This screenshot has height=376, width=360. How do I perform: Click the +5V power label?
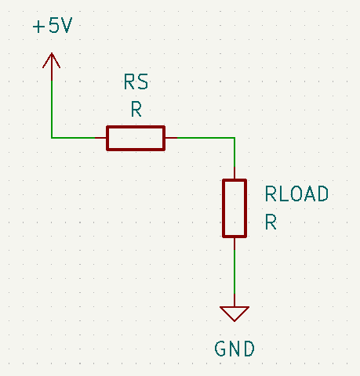click(x=53, y=25)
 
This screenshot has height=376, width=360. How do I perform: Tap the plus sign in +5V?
click(x=38, y=27)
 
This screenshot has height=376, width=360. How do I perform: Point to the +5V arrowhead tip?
click(x=52, y=53)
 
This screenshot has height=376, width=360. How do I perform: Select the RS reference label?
click(x=136, y=81)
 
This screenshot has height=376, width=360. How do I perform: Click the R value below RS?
click(x=136, y=109)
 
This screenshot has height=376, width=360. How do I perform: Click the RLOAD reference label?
click(x=296, y=193)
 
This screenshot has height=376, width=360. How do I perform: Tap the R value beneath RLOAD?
click(x=271, y=222)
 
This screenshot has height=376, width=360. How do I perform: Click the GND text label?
click(x=235, y=349)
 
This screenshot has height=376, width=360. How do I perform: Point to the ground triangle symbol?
click(x=235, y=314)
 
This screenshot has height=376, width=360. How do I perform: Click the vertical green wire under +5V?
click(x=52, y=109)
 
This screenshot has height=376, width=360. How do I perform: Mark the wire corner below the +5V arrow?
click(x=52, y=138)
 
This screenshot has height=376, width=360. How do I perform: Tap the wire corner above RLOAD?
click(x=235, y=138)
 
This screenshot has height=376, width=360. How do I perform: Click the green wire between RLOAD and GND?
click(x=235, y=272)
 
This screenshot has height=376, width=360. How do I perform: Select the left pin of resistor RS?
click(x=100, y=138)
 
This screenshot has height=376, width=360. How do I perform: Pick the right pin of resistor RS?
click(x=171, y=138)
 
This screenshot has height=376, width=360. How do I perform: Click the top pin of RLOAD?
click(x=235, y=173)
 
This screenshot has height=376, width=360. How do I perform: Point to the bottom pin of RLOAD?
click(x=235, y=244)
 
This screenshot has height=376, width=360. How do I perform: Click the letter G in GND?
click(x=220, y=349)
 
